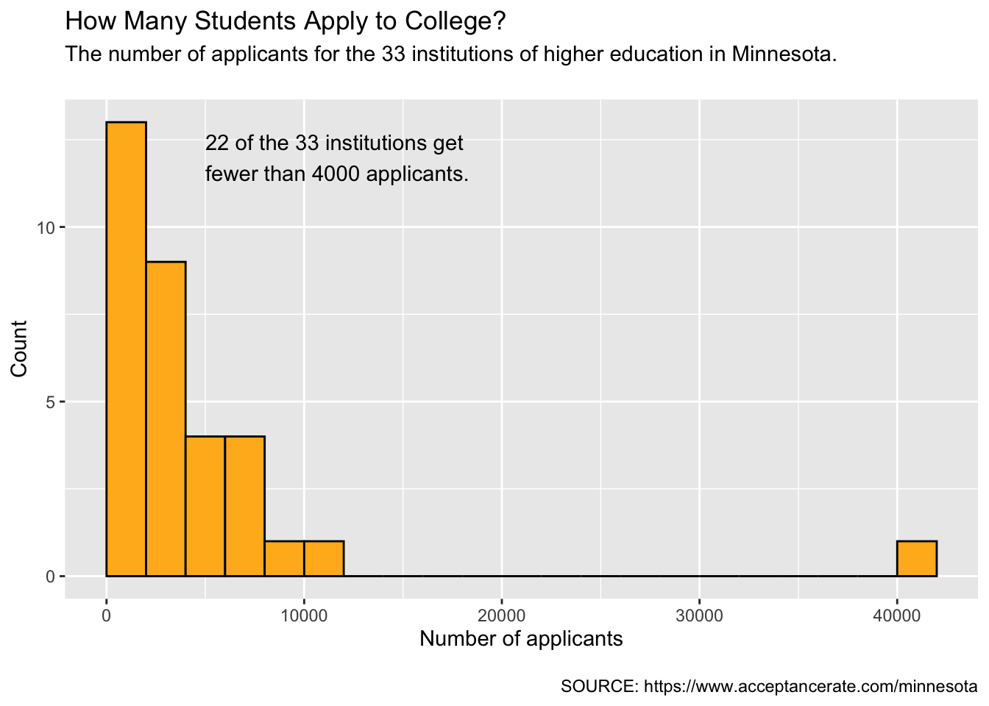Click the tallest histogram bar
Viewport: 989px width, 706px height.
[x=127, y=349]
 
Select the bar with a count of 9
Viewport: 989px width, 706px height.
[x=166, y=418]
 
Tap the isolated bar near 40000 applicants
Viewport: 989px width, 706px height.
[x=917, y=559]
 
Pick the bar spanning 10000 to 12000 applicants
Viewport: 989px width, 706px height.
[x=324, y=559]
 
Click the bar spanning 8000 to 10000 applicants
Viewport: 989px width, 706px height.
[x=284, y=559]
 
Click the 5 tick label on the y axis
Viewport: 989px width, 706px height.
[x=50, y=402]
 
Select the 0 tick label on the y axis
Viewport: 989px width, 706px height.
[x=50, y=577]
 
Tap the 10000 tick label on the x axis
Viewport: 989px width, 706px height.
[x=304, y=616]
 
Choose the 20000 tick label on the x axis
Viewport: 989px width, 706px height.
[x=502, y=616]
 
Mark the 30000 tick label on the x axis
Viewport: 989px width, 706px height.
[x=699, y=616]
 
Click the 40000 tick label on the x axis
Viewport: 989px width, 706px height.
[x=897, y=616]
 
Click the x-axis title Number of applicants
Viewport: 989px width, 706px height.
[x=521, y=639]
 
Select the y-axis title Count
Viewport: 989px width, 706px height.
[x=19, y=349]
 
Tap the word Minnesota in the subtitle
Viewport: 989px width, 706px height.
[x=781, y=54]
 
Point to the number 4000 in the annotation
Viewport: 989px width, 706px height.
[x=336, y=174]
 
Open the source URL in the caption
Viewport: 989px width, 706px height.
[x=811, y=687]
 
